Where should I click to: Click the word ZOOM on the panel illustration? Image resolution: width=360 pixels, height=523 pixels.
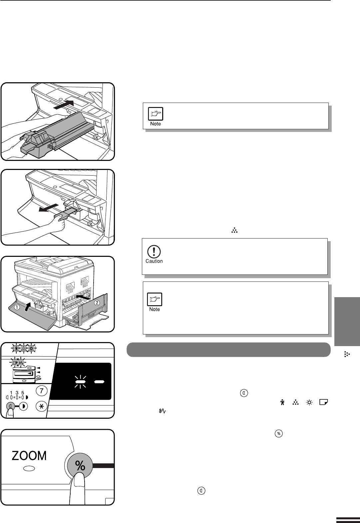coord(29,456)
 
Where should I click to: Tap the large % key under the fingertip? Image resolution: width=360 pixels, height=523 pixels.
coord(80,466)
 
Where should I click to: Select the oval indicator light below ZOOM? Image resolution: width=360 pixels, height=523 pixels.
coord(29,469)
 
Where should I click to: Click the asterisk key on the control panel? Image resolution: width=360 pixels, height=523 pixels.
coord(41,406)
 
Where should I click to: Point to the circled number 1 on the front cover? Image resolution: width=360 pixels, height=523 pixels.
coord(17,307)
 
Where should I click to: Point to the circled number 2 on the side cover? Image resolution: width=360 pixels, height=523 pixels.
coord(97,303)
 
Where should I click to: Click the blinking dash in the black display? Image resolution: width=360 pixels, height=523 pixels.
coord(80,382)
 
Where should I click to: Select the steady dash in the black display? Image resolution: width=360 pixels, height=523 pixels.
coord(99,382)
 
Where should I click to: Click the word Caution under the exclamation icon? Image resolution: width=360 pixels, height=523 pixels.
coord(154,261)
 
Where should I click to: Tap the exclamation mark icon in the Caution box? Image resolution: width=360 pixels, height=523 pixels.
coord(154,252)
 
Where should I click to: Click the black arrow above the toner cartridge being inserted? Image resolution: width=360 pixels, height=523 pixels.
coord(64,104)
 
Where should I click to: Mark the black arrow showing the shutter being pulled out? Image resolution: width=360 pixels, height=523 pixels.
coord(48,208)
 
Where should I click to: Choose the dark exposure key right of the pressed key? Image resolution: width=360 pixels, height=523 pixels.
coord(23,406)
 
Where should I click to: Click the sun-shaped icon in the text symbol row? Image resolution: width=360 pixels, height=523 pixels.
coord(309,402)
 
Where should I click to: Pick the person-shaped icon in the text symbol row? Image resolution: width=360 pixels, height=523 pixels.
coord(282,402)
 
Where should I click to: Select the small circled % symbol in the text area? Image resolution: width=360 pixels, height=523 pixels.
coord(278,434)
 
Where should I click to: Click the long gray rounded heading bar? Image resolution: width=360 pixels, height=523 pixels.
coord(228,349)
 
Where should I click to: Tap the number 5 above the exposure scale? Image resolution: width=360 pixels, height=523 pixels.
coord(23,393)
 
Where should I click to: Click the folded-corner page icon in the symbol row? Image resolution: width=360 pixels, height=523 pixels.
coord(324,402)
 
